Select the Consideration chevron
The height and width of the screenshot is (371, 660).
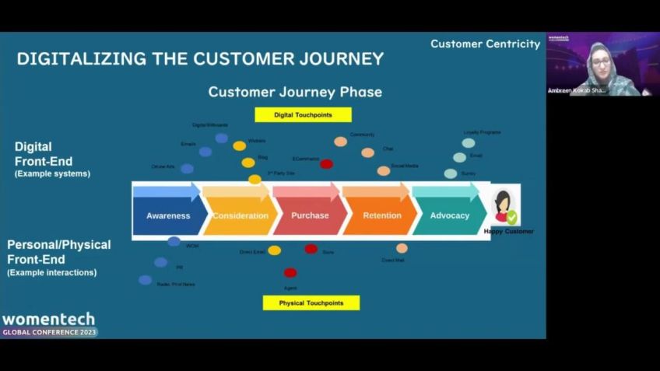point(240,215)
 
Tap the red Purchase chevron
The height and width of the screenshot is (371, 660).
point(310,215)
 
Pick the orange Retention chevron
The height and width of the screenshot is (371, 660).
point(381,215)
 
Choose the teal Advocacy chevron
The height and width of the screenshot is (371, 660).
point(449,215)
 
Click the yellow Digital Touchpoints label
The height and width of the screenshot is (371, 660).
point(303,115)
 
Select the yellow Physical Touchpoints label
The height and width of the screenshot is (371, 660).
point(311,303)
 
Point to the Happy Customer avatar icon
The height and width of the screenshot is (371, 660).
point(504,207)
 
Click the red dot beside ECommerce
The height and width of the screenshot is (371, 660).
point(326,163)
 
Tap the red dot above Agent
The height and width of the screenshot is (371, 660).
point(290,272)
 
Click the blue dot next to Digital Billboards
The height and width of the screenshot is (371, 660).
point(222,138)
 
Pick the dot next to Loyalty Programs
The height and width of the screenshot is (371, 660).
point(468,143)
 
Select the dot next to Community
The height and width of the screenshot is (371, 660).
point(340,142)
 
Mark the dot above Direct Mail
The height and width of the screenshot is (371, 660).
point(402,248)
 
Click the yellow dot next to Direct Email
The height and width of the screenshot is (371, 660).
point(274,250)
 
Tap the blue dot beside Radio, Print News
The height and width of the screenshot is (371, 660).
point(145,280)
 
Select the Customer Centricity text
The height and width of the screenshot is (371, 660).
point(485,44)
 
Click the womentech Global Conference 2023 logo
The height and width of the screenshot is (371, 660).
point(48,324)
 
